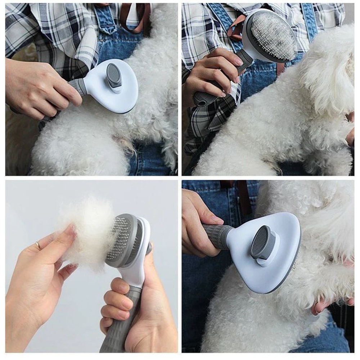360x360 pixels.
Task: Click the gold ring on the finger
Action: [x=38, y=246]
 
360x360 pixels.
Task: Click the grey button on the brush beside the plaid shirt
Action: [x=114, y=76]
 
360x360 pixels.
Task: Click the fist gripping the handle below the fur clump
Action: [x=119, y=299]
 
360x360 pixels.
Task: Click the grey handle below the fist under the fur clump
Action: [x=115, y=335]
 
